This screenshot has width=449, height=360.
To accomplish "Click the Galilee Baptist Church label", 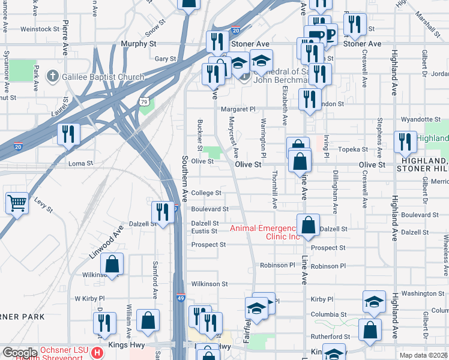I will tap(102, 77).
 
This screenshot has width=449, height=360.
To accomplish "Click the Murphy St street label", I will tap(138, 44).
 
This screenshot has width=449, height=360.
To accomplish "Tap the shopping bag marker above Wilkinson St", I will tap(112, 263).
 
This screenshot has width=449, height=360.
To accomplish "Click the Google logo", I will tap(20, 353).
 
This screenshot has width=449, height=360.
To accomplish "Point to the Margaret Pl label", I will tap(238, 109).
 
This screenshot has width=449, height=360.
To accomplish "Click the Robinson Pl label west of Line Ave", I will tap(277, 265).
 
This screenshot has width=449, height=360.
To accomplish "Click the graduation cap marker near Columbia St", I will tap(374, 302).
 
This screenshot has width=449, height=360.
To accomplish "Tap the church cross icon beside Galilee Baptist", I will tap(53, 77).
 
